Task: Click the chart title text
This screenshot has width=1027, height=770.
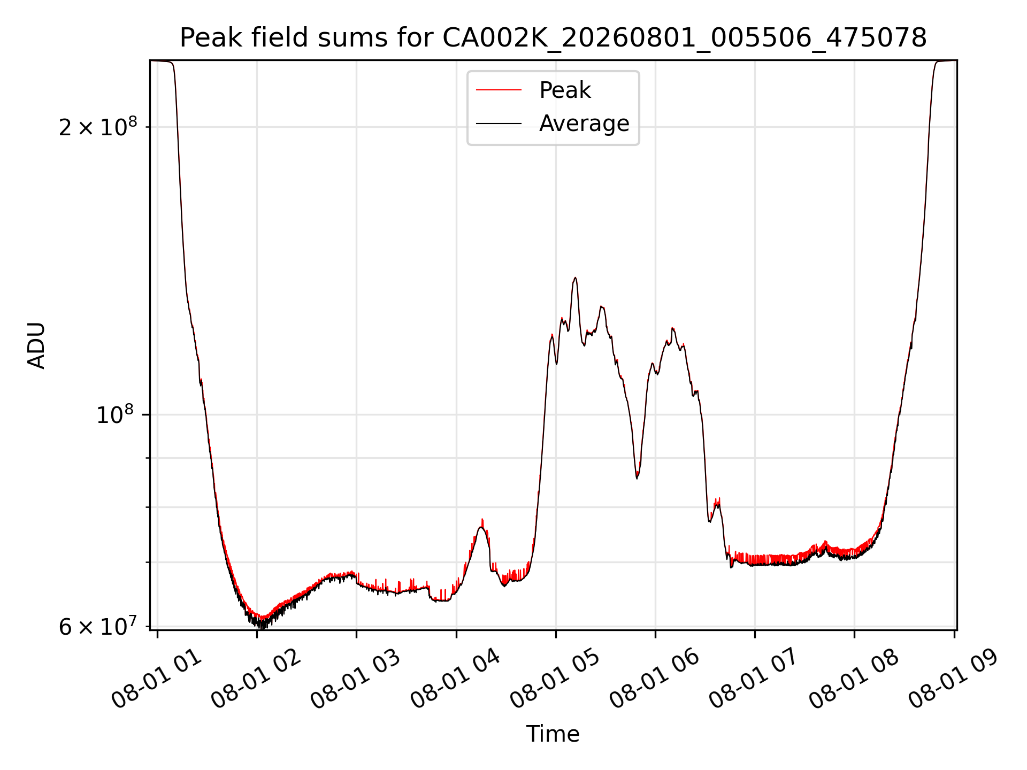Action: click(553, 38)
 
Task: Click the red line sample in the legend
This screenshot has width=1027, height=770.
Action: click(499, 90)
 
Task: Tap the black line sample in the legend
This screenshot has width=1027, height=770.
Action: click(499, 124)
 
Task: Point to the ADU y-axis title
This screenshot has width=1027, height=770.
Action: click(36, 345)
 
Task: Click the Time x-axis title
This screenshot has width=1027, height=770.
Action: click(553, 734)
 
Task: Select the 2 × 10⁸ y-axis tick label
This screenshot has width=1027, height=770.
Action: click(98, 127)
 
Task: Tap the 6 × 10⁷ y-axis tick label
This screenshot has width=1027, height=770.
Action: click(98, 626)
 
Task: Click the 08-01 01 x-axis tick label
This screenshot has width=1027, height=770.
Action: click(157, 679)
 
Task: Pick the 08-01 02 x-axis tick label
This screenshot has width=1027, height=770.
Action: click(256, 679)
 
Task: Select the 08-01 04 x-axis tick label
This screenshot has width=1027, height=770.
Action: click(456, 679)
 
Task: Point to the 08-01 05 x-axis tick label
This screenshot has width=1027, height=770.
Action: click(555, 679)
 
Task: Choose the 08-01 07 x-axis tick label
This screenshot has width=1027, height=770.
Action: click(754, 679)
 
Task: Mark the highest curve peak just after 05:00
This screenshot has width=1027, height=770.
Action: click(575, 278)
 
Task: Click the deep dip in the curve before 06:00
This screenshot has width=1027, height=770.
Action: click(637, 478)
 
